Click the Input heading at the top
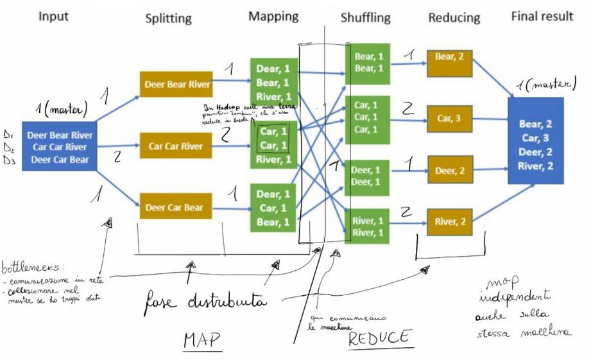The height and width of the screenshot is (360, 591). tap(53, 15)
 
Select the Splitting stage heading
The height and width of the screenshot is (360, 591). tap(168, 18)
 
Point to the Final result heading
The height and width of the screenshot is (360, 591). tap(542, 16)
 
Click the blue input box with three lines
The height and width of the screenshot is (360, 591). tap(60, 146)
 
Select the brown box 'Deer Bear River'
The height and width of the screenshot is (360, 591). tap(175, 84)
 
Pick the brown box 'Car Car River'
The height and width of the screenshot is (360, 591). tap(175, 146)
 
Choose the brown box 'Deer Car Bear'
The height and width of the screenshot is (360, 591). tap(175, 207)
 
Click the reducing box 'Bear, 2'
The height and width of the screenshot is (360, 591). tap(449, 56)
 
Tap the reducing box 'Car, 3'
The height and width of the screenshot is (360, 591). tap(449, 118)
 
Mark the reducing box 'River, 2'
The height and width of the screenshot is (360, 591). tap(449, 222)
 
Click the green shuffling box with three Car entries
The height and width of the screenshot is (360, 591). tap(366, 117)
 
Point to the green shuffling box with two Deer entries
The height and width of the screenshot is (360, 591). tap(366, 176)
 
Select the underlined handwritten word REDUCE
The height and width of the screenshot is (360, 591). tap(379, 337)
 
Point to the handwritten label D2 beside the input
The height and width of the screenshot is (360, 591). tap(8, 147)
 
